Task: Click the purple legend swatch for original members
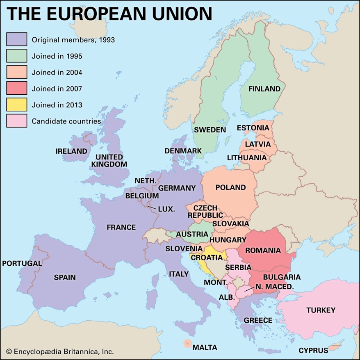coord(17,39)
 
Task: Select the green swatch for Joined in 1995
coord(17,56)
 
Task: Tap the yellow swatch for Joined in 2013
coord(17,105)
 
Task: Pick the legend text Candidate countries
coord(66,121)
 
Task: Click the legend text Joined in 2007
coord(57,89)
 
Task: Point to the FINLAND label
coord(264,89)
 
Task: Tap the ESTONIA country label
coord(253,128)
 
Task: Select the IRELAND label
coord(71,151)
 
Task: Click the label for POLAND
coord(230,188)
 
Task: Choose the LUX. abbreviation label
coord(166,209)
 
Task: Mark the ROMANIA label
coord(263,250)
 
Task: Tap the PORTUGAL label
coord(22,263)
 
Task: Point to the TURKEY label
coord(321,310)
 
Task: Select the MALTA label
coord(205,348)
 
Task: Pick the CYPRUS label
coord(313,351)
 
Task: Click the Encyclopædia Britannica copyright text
coord(60,351)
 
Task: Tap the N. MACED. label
coord(274,287)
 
